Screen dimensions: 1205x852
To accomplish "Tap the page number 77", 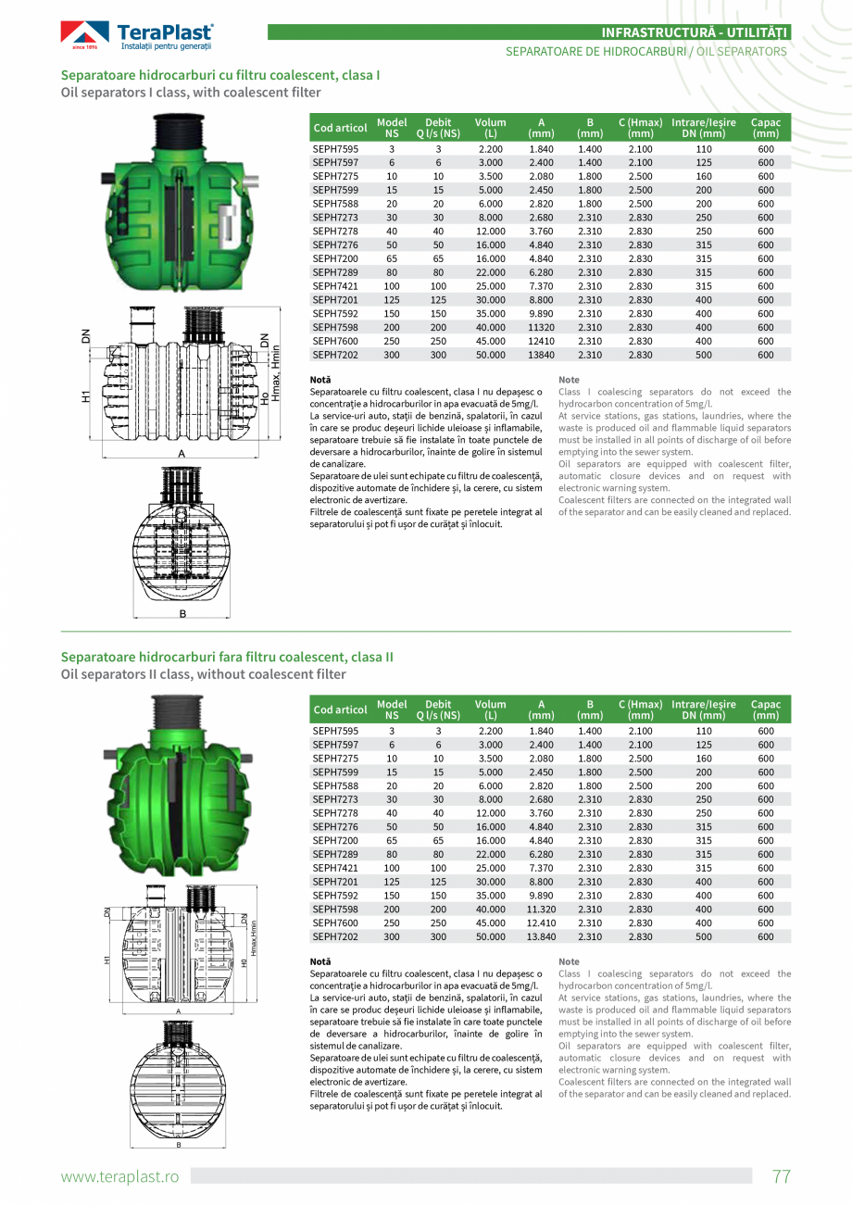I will [x=782, y=1176].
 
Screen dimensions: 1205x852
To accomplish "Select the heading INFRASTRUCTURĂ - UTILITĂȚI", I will [x=695, y=32].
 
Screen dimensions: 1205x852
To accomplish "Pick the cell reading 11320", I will [x=541, y=327].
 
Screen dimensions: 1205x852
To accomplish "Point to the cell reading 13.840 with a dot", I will [x=541, y=936].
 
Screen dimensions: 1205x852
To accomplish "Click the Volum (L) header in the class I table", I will [x=490, y=128].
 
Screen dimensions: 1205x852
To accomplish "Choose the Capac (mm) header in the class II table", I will [x=765, y=709].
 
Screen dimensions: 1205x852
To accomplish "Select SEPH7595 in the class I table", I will [x=335, y=149].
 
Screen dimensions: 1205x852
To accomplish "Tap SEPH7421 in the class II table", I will [x=335, y=868].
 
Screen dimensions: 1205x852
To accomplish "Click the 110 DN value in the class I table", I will [x=704, y=149].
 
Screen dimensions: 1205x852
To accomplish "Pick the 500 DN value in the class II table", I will [x=704, y=936].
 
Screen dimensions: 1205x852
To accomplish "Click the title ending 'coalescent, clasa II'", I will [x=227, y=657].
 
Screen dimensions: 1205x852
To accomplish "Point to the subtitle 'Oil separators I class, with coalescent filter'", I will [x=191, y=93].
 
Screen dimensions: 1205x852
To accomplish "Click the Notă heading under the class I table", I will [x=320, y=380].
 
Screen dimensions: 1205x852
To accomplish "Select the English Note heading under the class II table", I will [x=569, y=962].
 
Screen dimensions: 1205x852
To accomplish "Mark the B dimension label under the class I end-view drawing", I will [x=182, y=614].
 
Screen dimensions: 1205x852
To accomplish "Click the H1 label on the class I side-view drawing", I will [x=85, y=396].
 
